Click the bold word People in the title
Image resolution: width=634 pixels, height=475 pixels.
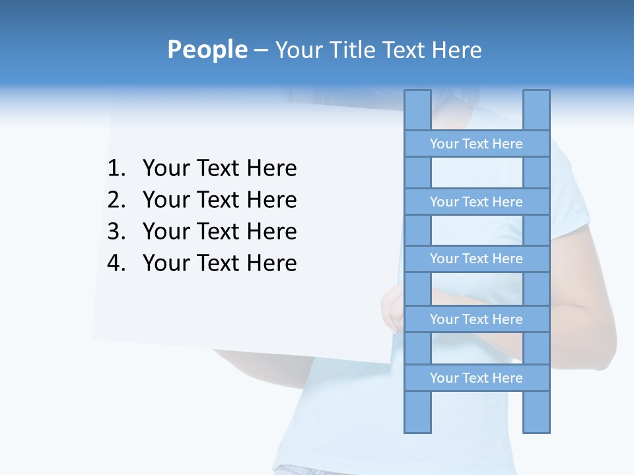pyautogui.click(x=207, y=49)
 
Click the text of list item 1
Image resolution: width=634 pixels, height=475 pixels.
pyautogui.click(x=219, y=168)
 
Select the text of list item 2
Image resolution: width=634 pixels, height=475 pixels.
pyautogui.click(x=219, y=200)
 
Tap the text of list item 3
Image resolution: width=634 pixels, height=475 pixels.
pyautogui.click(x=219, y=232)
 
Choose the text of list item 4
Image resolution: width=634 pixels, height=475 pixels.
pyautogui.click(x=219, y=263)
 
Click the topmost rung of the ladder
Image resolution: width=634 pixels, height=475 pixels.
pyautogui.click(x=476, y=144)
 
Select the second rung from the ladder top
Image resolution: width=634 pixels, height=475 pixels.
pyautogui.click(x=476, y=202)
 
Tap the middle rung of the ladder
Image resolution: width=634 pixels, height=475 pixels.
pyautogui.click(x=476, y=259)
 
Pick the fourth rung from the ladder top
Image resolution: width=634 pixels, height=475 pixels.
pyautogui.click(x=476, y=319)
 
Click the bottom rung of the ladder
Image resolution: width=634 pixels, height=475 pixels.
pyautogui.click(x=476, y=378)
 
